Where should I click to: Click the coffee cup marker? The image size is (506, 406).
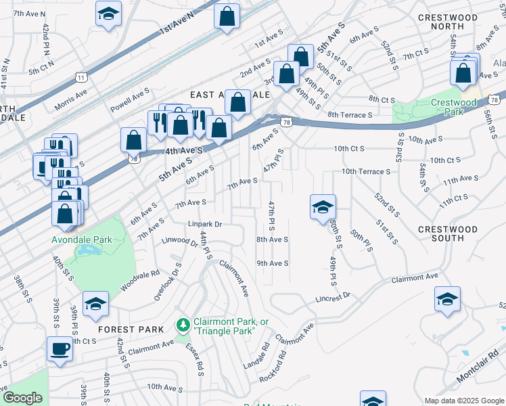[x=60, y=350]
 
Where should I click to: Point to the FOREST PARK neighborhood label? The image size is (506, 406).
[x=131, y=329]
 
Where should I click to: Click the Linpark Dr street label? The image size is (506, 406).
[x=205, y=223]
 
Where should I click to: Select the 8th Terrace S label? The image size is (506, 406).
[x=349, y=115]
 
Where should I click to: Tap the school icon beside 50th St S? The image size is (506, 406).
[x=323, y=206]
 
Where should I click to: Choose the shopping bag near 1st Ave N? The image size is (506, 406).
[x=227, y=16]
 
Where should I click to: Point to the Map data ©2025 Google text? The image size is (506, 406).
[x=463, y=401]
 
